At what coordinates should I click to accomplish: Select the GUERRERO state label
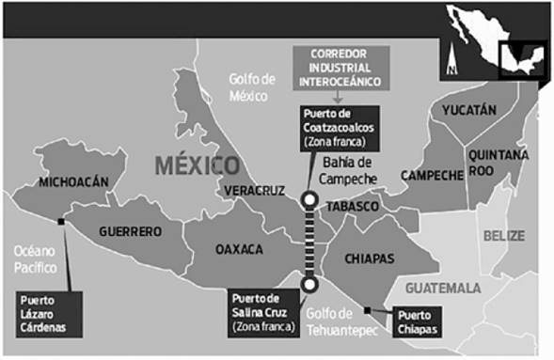129,230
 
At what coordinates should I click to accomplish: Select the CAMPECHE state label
432,175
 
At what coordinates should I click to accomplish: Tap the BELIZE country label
503,236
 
